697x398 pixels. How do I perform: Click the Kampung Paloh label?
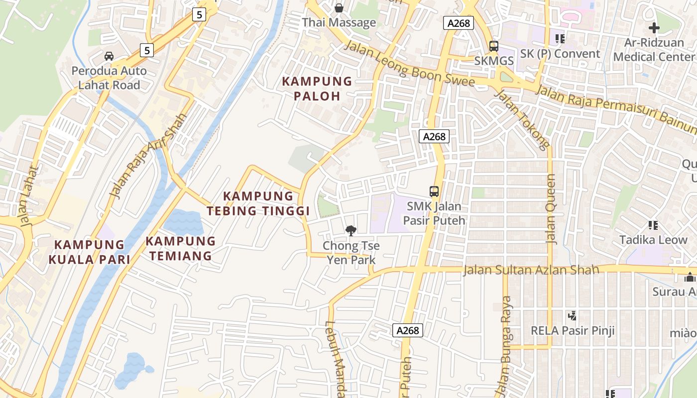(x=317, y=88)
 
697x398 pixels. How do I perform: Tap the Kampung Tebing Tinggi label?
(x=258, y=203)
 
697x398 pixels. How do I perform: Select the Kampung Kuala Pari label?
(x=89, y=252)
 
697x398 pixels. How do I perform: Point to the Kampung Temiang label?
(x=180, y=249)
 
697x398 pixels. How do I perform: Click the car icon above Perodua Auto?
(x=109, y=56)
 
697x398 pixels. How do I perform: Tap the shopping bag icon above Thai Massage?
(x=339, y=8)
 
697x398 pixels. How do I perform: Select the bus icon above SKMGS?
(x=493, y=46)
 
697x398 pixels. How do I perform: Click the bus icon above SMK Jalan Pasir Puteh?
(x=434, y=191)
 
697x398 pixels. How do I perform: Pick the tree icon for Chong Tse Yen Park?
(x=351, y=230)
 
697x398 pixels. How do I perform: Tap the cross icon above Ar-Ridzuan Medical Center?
(x=654, y=28)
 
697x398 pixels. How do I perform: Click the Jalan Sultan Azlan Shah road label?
(x=531, y=270)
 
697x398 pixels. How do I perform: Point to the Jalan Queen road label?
(x=551, y=209)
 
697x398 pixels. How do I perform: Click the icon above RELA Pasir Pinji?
(x=572, y=315)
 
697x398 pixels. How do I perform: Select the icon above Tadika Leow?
(x=653, y=225)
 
